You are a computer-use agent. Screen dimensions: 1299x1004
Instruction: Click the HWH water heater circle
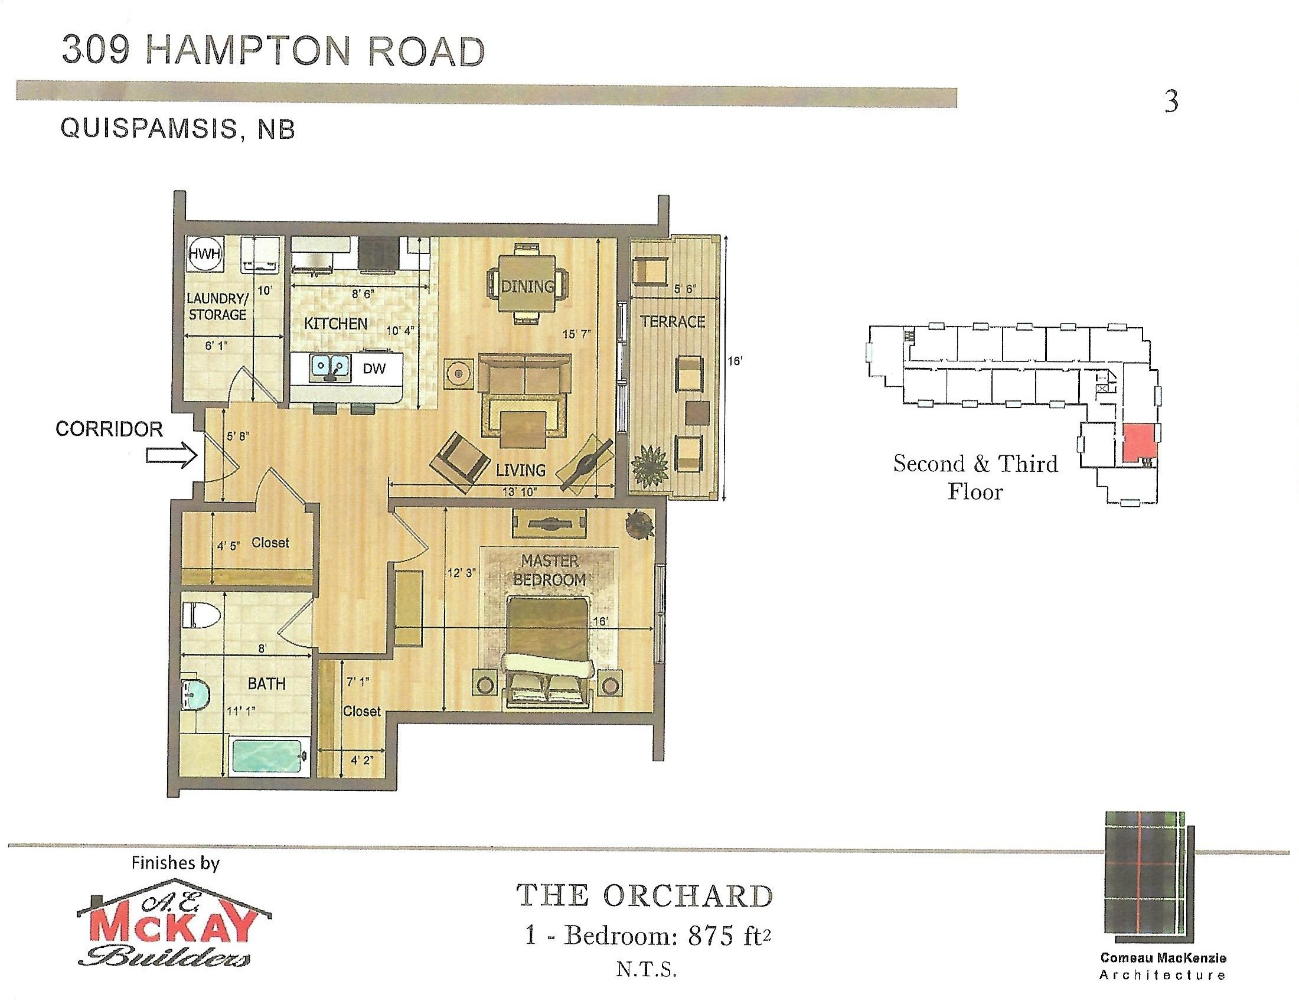click(x=205, y=254)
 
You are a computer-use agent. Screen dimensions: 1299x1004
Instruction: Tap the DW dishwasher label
click(x=374, y=368)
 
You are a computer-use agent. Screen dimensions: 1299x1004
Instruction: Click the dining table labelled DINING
click(x=527, y=284)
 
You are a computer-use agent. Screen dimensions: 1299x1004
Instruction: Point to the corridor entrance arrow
click(x=172, y=456)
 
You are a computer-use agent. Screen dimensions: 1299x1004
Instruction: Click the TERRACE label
click(x=672, y=322)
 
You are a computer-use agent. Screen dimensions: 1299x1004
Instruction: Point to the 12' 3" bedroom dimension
click(x=462, y=573)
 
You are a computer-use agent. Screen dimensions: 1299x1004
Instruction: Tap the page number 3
click(x=1170, y=102)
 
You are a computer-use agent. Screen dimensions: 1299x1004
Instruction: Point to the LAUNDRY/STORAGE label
click(x=217, y=307)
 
